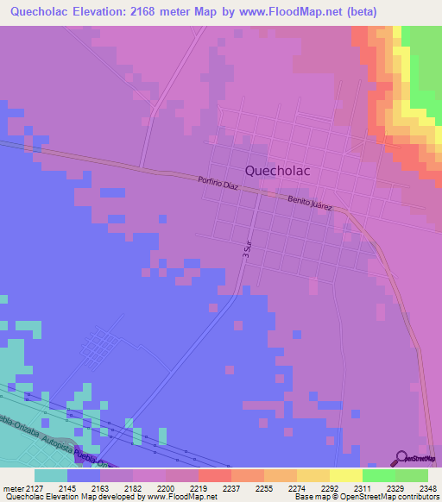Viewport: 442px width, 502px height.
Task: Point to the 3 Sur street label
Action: (247, 250)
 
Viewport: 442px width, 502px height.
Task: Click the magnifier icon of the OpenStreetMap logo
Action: (401, 457)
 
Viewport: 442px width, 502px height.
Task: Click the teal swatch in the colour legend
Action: (50, 474)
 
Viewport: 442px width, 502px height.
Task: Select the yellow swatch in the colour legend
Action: (345, 474)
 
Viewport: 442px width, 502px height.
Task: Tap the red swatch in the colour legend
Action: (214, 474)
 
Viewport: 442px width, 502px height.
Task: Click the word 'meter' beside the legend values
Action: (14, 487)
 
